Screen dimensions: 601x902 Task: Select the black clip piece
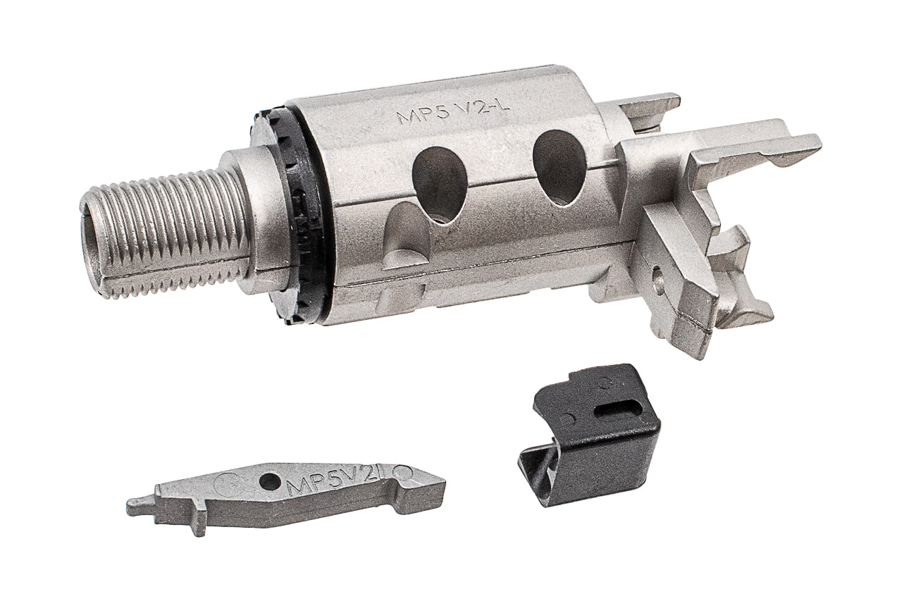[x=592, y=423]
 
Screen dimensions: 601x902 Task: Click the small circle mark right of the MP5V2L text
[x=406, y=471]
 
